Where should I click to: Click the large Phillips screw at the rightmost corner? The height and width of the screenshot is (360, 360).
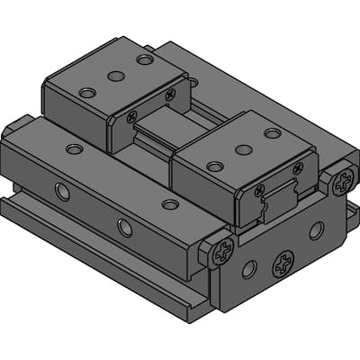(341, 184)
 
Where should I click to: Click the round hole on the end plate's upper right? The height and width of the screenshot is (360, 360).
(316, 230)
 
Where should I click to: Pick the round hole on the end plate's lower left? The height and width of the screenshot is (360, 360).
(249, 268)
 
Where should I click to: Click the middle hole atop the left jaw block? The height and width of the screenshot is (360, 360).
(114, 76)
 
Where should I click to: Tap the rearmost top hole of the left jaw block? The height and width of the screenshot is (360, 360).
(144, 60)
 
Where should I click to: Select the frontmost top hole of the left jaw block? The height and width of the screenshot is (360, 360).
(86, 93)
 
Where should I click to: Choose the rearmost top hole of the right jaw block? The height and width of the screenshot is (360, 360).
(273, 133)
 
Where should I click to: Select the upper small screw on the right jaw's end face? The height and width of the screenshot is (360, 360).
(298, 167)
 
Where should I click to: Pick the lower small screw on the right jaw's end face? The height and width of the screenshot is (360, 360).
(260, 190)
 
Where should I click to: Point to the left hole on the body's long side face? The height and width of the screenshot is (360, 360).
(61, 192)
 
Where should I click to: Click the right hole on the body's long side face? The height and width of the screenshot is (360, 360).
(124, 228)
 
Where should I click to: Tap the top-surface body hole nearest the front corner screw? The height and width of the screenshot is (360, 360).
(170, 204)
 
